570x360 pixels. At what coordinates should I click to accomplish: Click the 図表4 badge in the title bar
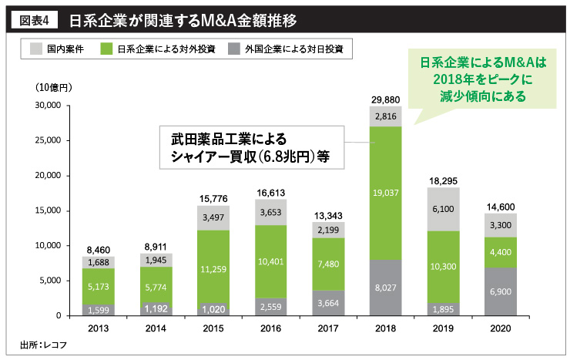click(34, 16)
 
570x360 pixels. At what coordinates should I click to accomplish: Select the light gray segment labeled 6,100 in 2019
click(434, 209)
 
